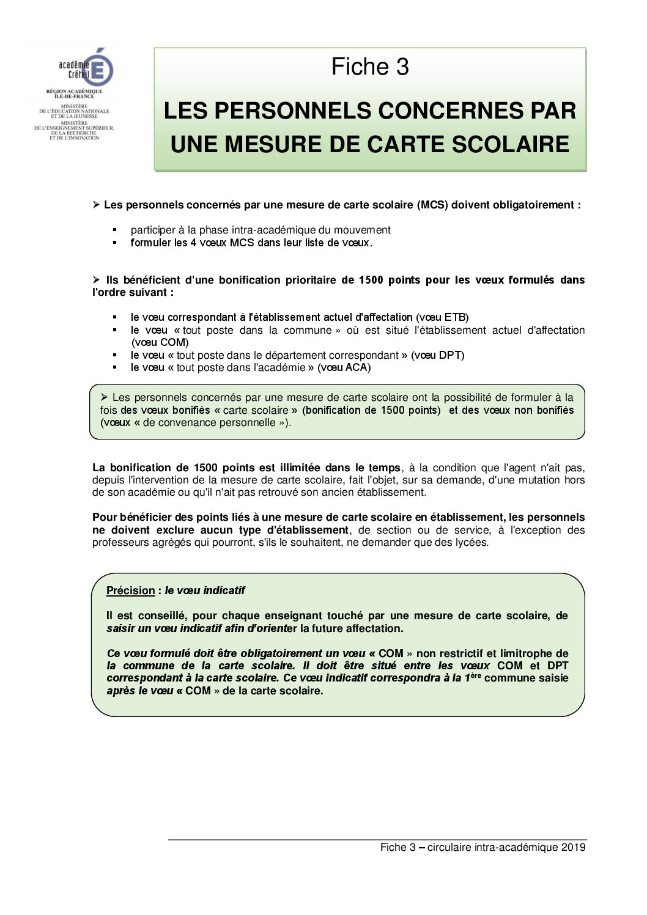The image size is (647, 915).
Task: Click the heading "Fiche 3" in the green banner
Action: pos(370,67)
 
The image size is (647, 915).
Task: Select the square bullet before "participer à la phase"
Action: pos(114,230)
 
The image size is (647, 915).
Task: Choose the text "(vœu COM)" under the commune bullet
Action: pos(160,342)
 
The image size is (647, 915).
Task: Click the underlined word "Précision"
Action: pos(130,590)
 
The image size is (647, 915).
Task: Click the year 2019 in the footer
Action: pos(573,847)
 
